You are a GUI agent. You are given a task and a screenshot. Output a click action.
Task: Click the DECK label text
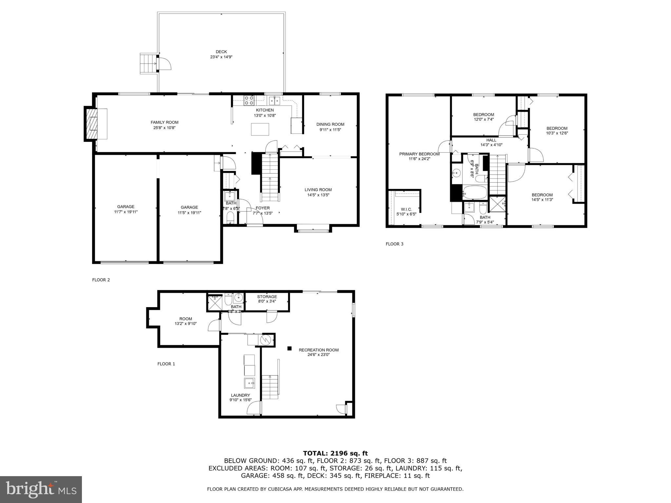click(x=221, y=52)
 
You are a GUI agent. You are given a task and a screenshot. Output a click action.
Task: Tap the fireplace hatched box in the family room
click(x=92, y=124)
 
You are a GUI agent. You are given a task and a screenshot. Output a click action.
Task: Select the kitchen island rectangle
click(x=260, y=129)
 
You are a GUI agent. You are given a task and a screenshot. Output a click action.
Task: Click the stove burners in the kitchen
click(x=249, y=100)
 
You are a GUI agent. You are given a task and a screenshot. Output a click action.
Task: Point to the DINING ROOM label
click(x=330, y=124)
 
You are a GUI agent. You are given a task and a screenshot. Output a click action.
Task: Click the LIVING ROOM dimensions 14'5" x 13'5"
click(x=318, y=195)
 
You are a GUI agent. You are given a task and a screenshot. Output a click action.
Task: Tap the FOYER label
click(x=262, y=208)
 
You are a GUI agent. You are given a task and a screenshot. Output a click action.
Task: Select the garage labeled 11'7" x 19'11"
click(x=126, y=209)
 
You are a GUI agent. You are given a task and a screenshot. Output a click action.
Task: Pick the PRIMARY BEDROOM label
click(x=419, y=154)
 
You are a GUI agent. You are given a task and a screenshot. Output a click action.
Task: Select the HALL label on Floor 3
click(x=491, y=140)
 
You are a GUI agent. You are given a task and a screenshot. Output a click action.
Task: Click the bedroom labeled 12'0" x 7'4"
click(x=483, y=117)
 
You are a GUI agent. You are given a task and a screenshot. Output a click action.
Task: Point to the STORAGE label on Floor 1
click(x=267, y=297)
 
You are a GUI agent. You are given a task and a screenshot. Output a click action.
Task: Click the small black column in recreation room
click(x=289, y=348)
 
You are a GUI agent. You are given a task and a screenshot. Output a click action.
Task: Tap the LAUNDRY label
click(x=240, y=395)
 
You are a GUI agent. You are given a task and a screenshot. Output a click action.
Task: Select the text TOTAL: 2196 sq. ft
click(x=335, y=453)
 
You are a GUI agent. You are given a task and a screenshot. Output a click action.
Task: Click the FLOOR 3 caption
click(x=394, y=244)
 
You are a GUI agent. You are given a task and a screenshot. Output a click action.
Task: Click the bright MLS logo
click(x=41, y=489)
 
